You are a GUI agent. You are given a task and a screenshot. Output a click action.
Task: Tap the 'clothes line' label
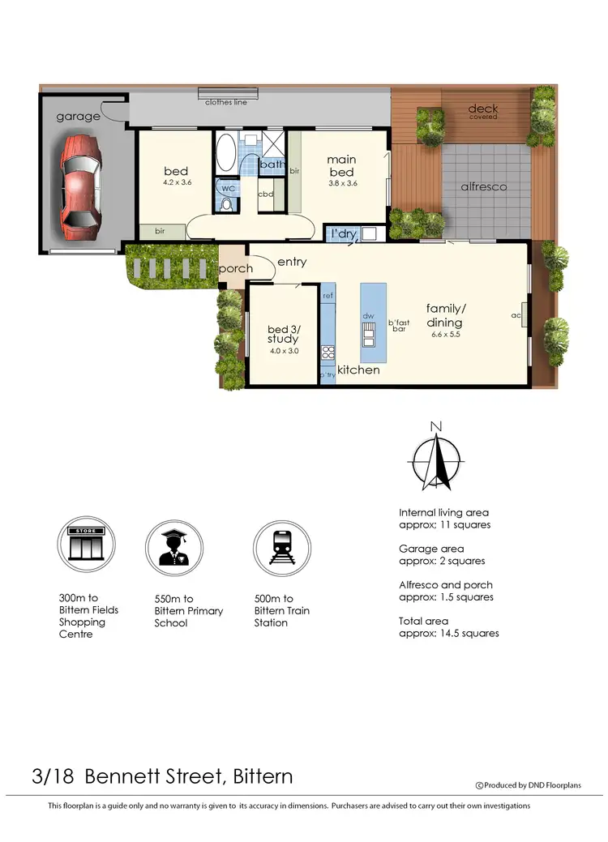click(226, 102)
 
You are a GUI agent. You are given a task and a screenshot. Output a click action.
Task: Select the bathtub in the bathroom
click(225, 154)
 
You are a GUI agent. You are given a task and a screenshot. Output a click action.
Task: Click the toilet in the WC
click(226, 203)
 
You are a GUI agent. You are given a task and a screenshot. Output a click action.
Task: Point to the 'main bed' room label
click(341, 166)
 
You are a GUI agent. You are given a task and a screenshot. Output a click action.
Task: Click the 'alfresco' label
click(483, 186)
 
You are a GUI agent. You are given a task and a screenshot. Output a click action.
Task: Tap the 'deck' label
click(483, 109)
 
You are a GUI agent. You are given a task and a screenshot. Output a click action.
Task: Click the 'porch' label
click(236, 269)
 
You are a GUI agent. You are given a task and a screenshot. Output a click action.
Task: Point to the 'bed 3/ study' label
click(283, 334)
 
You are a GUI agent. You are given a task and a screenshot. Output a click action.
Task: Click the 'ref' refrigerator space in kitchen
click(328, 296)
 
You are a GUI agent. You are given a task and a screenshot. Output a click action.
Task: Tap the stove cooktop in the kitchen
click(328, 352)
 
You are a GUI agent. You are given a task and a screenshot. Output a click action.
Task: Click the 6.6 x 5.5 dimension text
click(446, 334)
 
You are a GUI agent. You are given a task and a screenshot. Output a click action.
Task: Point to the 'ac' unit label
click(516, 314)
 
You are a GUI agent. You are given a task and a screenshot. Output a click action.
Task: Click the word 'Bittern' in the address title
click(263, 776)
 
